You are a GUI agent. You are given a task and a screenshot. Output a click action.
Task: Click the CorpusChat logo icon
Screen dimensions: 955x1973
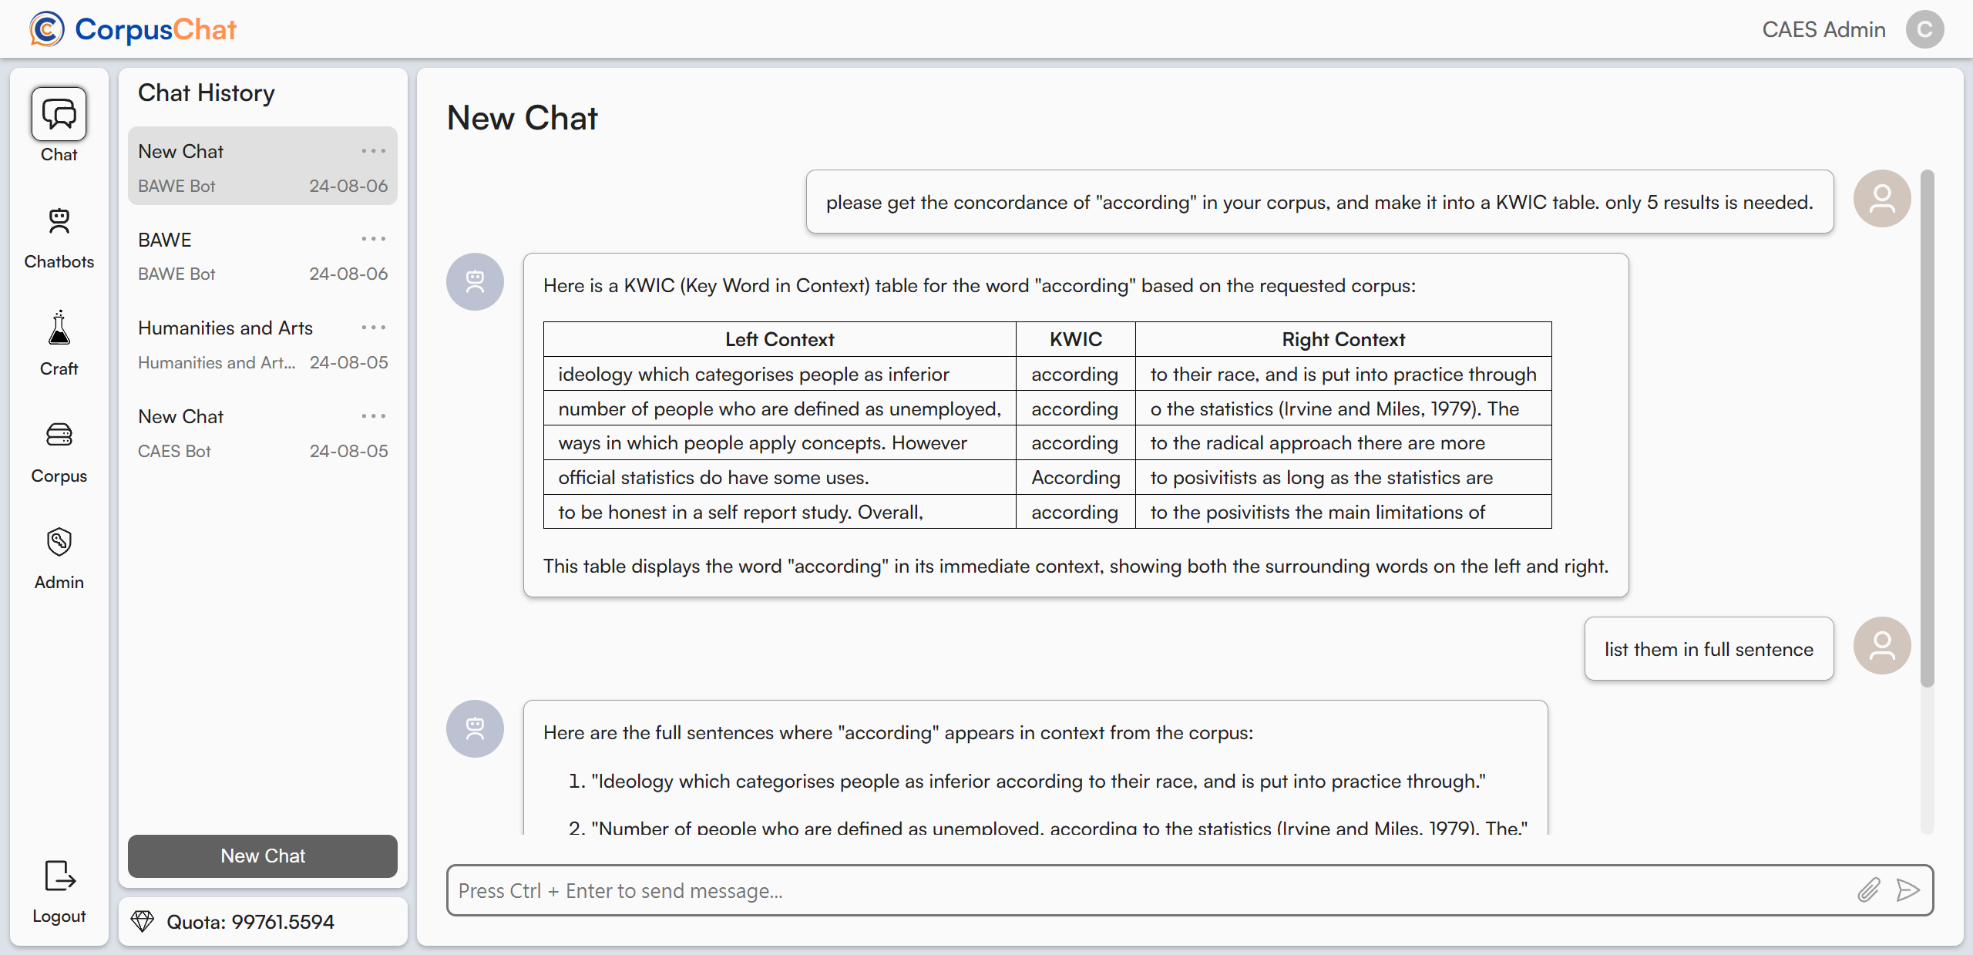point(46,29)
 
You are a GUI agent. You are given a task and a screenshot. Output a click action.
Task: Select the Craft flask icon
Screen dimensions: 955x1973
point(59,329)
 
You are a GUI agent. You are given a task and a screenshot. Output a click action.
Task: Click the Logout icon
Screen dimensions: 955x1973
point(59,876)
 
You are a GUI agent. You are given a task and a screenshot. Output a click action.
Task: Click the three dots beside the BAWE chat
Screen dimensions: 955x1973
point(373,239)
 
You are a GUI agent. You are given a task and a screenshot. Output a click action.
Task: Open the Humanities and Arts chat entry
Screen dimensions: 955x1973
point(225,328)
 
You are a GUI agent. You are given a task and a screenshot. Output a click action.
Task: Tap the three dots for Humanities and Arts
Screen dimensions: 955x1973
point(373,328)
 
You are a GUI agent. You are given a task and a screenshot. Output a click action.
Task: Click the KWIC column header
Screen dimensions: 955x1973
point(1075,339)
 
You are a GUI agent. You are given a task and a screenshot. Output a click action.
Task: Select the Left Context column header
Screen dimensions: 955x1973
point(779,339)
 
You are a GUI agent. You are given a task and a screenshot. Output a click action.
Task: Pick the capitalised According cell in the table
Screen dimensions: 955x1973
point(1075,478)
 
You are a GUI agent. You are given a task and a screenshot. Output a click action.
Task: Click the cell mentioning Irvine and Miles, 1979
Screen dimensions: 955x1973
point(1343,409)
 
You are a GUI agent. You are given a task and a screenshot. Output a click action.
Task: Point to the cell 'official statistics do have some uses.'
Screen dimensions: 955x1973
point(713,478)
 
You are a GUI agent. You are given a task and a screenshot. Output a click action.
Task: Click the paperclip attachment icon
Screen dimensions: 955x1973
point(1868,890)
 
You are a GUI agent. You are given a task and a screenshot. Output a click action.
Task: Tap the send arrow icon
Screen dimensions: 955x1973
point(1907,890)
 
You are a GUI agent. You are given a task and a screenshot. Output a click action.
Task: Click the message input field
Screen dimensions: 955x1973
point(1148,890)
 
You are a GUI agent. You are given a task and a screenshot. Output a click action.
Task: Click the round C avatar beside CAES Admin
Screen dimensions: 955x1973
point(1924,29)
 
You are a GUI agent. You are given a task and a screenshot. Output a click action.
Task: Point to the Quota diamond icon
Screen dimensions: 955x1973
point(143,922)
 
